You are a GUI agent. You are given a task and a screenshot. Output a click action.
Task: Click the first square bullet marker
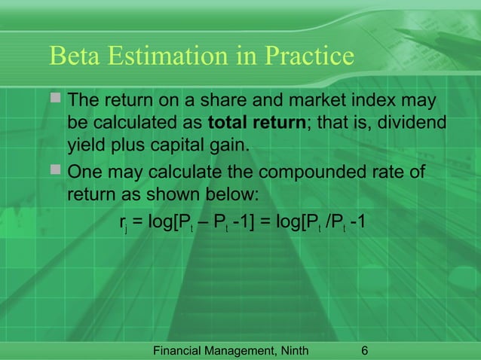click(x=55, y=100)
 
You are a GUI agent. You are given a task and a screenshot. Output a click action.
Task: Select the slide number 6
click(x=365, y=350)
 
